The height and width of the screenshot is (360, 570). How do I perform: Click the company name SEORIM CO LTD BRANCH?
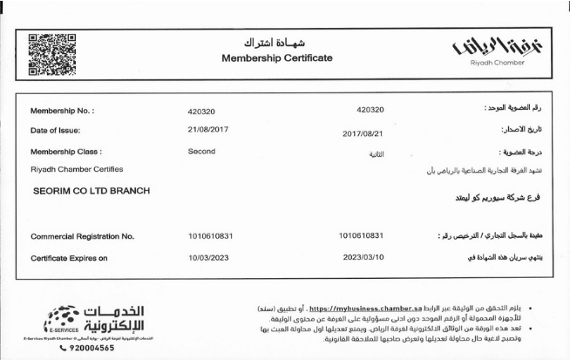pos(90,191)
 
